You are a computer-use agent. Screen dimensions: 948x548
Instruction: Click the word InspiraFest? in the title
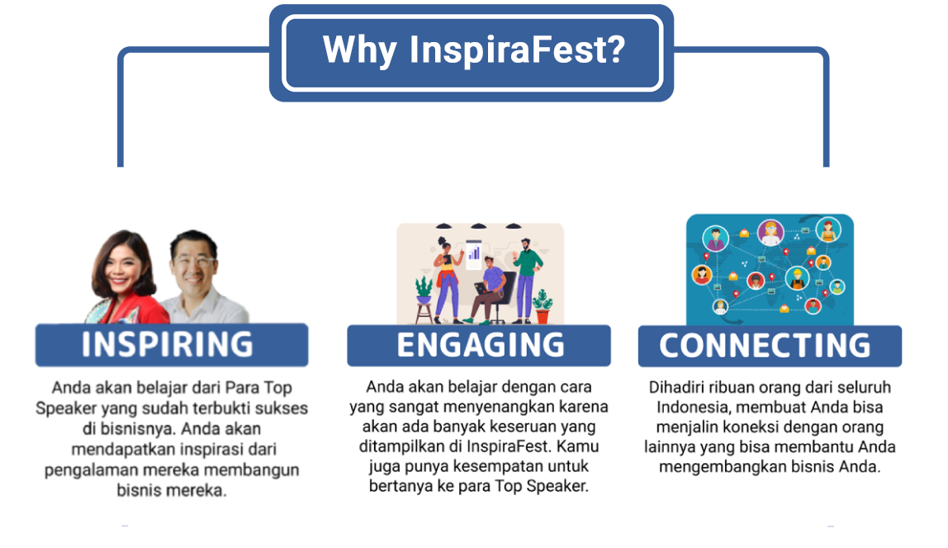click(x=518, y=50)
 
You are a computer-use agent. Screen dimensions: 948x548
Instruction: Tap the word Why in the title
click(x=359, y=50)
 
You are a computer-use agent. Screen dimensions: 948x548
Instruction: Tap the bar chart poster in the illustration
click(x=474, y=254)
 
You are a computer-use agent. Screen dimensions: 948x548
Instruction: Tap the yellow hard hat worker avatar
click(x=798, y=278)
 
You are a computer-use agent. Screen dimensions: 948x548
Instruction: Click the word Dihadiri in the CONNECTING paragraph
click(x=675, y=387)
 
